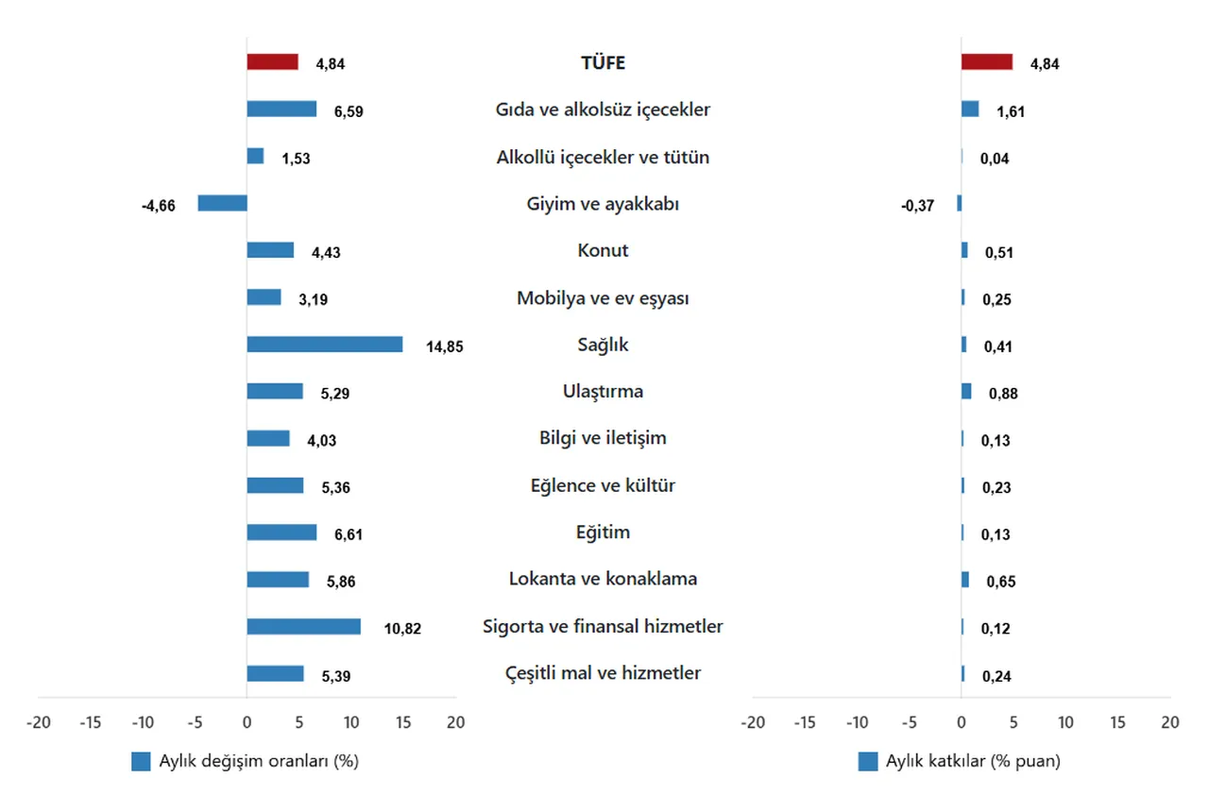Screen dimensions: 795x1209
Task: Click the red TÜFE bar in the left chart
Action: [272, 62]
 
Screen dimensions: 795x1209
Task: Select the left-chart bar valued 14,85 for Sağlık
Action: [324, 345]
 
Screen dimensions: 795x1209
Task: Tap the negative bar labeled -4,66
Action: [222, 203]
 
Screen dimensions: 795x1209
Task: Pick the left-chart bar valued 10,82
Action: [303, 627]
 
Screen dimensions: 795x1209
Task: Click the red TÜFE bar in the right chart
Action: [986, 62]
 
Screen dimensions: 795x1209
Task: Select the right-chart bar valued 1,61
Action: [970, 110]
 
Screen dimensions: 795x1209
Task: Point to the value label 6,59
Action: [349, 111]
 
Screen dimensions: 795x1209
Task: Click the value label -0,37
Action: [917, 206]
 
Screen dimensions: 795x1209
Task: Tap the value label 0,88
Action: [1003, 394]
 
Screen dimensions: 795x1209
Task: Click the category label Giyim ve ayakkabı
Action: [603, 204]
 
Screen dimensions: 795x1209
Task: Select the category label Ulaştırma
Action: [603, 392]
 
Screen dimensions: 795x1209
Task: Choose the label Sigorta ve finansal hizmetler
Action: [603, 627]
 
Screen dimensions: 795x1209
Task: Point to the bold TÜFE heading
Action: [603, 63]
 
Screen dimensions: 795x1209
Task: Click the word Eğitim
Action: [603, 533]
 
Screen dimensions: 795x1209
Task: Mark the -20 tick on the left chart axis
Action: [39, 722]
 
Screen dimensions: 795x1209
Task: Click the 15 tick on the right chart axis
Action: [1117, 722]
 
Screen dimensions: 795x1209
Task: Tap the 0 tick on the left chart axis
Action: [247, 722]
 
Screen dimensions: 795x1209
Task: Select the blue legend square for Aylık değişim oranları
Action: [141, 762]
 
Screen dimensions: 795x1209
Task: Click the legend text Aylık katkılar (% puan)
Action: [972, 762]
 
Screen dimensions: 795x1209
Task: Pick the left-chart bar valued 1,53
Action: [255, 157]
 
